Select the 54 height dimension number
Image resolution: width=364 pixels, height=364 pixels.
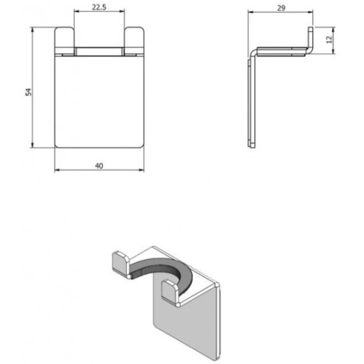[28, 91]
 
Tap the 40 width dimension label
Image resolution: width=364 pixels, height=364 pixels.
[98, 166]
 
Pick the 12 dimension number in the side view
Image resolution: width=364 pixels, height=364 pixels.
[329, 40]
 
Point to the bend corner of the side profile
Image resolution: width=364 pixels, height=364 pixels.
[253, 53]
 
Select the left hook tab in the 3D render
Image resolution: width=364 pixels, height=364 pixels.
[117, 261]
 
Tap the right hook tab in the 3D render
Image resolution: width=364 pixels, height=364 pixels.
[169, 290]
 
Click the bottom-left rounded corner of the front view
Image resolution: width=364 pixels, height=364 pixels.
[59, 145]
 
